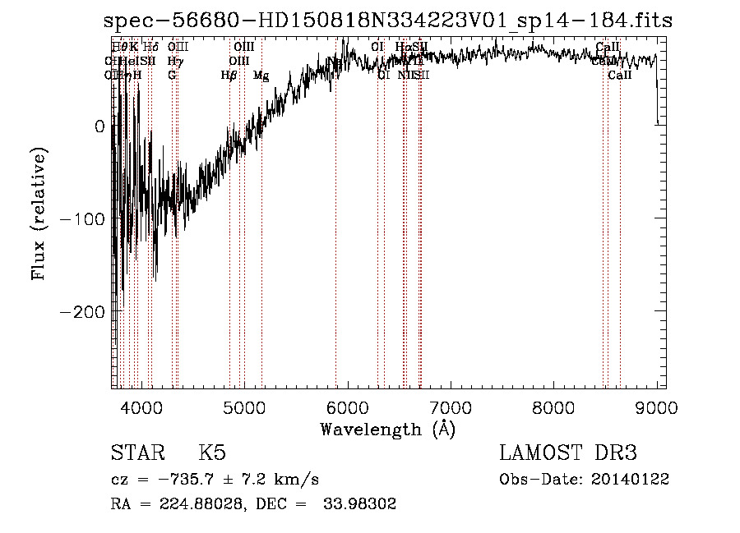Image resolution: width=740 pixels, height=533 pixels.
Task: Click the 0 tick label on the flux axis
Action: pyautogui.click(x=99, y=126)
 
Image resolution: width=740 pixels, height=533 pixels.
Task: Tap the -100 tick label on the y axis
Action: pyautogui.click(x=85, y=219)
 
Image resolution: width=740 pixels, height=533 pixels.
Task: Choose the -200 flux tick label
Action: pyautogui.click(x=85, y=312)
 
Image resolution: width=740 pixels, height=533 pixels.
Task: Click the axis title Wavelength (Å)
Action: pyautogui.click(x=387, y=429)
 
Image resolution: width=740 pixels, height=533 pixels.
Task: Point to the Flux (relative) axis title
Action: pyautogui.click(x=39, y=214)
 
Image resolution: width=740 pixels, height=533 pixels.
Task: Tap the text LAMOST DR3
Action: pyautogui.click(x=568, y=454)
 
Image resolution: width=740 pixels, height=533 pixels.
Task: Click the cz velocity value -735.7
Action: pyautogui.click(x=194, y=479)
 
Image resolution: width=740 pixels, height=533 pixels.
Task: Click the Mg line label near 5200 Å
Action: pyautogui.click(x=261, y=76)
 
